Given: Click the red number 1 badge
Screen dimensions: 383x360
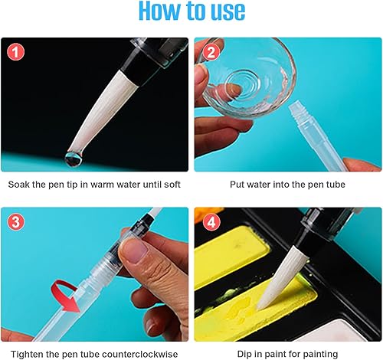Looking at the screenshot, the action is pyautogui.click(x=15, y=52).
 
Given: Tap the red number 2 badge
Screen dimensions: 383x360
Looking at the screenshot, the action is pyautogui.click(x=211, y=52).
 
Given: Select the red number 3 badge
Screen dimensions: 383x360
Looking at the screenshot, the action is pyautogui.click(x=15, y=221).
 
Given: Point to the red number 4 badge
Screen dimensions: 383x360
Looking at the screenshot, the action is pyautogui.click(x=211, y=221).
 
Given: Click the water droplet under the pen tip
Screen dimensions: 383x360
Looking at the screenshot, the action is pyautogui.click(x=73, y=159).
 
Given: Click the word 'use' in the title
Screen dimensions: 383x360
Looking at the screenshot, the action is pyautogui.click(x=228, y=11).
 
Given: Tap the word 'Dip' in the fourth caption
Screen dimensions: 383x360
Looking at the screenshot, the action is pyautogui.click(x=244, y=355).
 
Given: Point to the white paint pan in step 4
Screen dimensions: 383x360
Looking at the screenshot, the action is pyautogui.click(x=337, y=331).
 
